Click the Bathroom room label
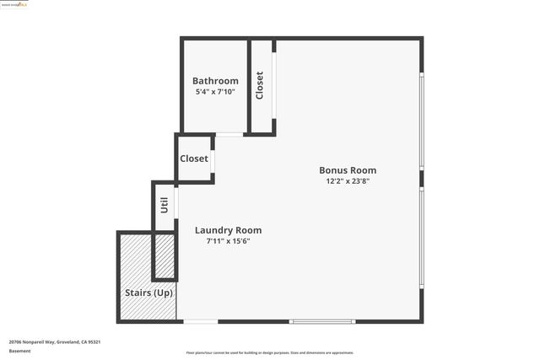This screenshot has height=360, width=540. tap(215, 81)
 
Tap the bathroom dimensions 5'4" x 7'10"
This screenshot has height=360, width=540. tap(215, 91)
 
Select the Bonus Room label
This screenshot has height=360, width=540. tap(347, 169)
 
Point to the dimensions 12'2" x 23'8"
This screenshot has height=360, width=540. tap(347, 180)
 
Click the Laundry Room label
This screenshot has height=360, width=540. tap(228, 230)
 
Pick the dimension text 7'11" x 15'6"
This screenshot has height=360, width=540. tap(228, 241)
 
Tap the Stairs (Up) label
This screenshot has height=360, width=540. tap(148, 293)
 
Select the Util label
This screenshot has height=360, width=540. tap(164, 205)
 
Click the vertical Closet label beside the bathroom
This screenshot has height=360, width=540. tap(260, 85)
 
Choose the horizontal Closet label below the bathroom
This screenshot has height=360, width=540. tap(193, 159)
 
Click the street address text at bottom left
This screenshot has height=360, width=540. tap(55, 341)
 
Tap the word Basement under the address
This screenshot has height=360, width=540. tap(20, 351)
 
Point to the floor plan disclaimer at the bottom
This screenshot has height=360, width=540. tap(269, 352)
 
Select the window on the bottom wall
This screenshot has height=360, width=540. tap(322, 321)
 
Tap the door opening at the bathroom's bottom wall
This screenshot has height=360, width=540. tap(229, 134)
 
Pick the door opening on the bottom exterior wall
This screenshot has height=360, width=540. tap(201, 321)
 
